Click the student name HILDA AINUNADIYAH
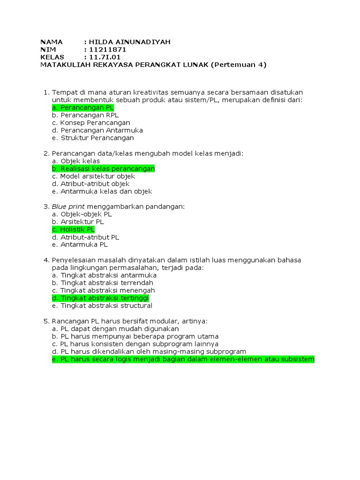click(x=127, y=42)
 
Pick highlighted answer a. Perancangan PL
click(x=83, y=107)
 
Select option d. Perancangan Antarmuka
click(x=97, y=130)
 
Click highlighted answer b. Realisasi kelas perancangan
click(x=103, y=168)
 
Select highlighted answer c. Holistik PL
click(x=73, y=229)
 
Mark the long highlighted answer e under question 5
click(x=183, y=360)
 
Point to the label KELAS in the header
click(x=52, y=57)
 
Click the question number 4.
click(x=45, y=260)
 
